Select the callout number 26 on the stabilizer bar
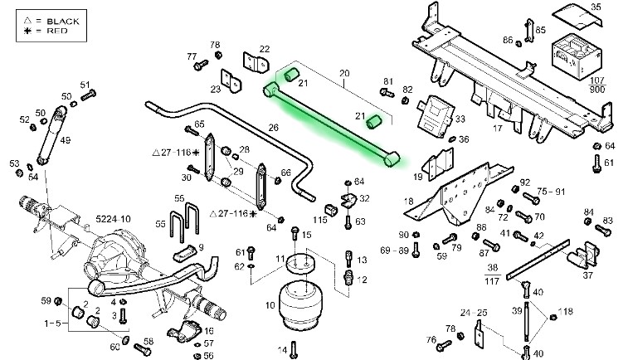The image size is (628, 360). click(273, 127)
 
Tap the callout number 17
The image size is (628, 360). click(499, 129)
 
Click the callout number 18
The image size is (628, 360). click(408, 202)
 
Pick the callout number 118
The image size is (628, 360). click(567, 311)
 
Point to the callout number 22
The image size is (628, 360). click(265, 49)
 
